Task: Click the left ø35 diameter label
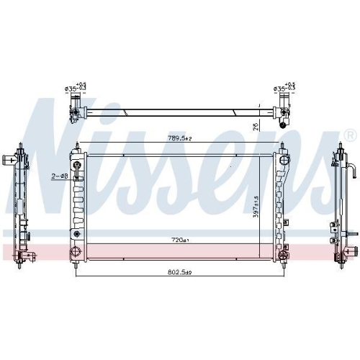(x=75, y=89)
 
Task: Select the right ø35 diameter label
(x=282, y=89)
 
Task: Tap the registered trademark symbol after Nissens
(x=350, y=135)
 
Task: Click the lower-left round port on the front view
(x=75, y=251)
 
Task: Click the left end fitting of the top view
(x=75, y=109)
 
